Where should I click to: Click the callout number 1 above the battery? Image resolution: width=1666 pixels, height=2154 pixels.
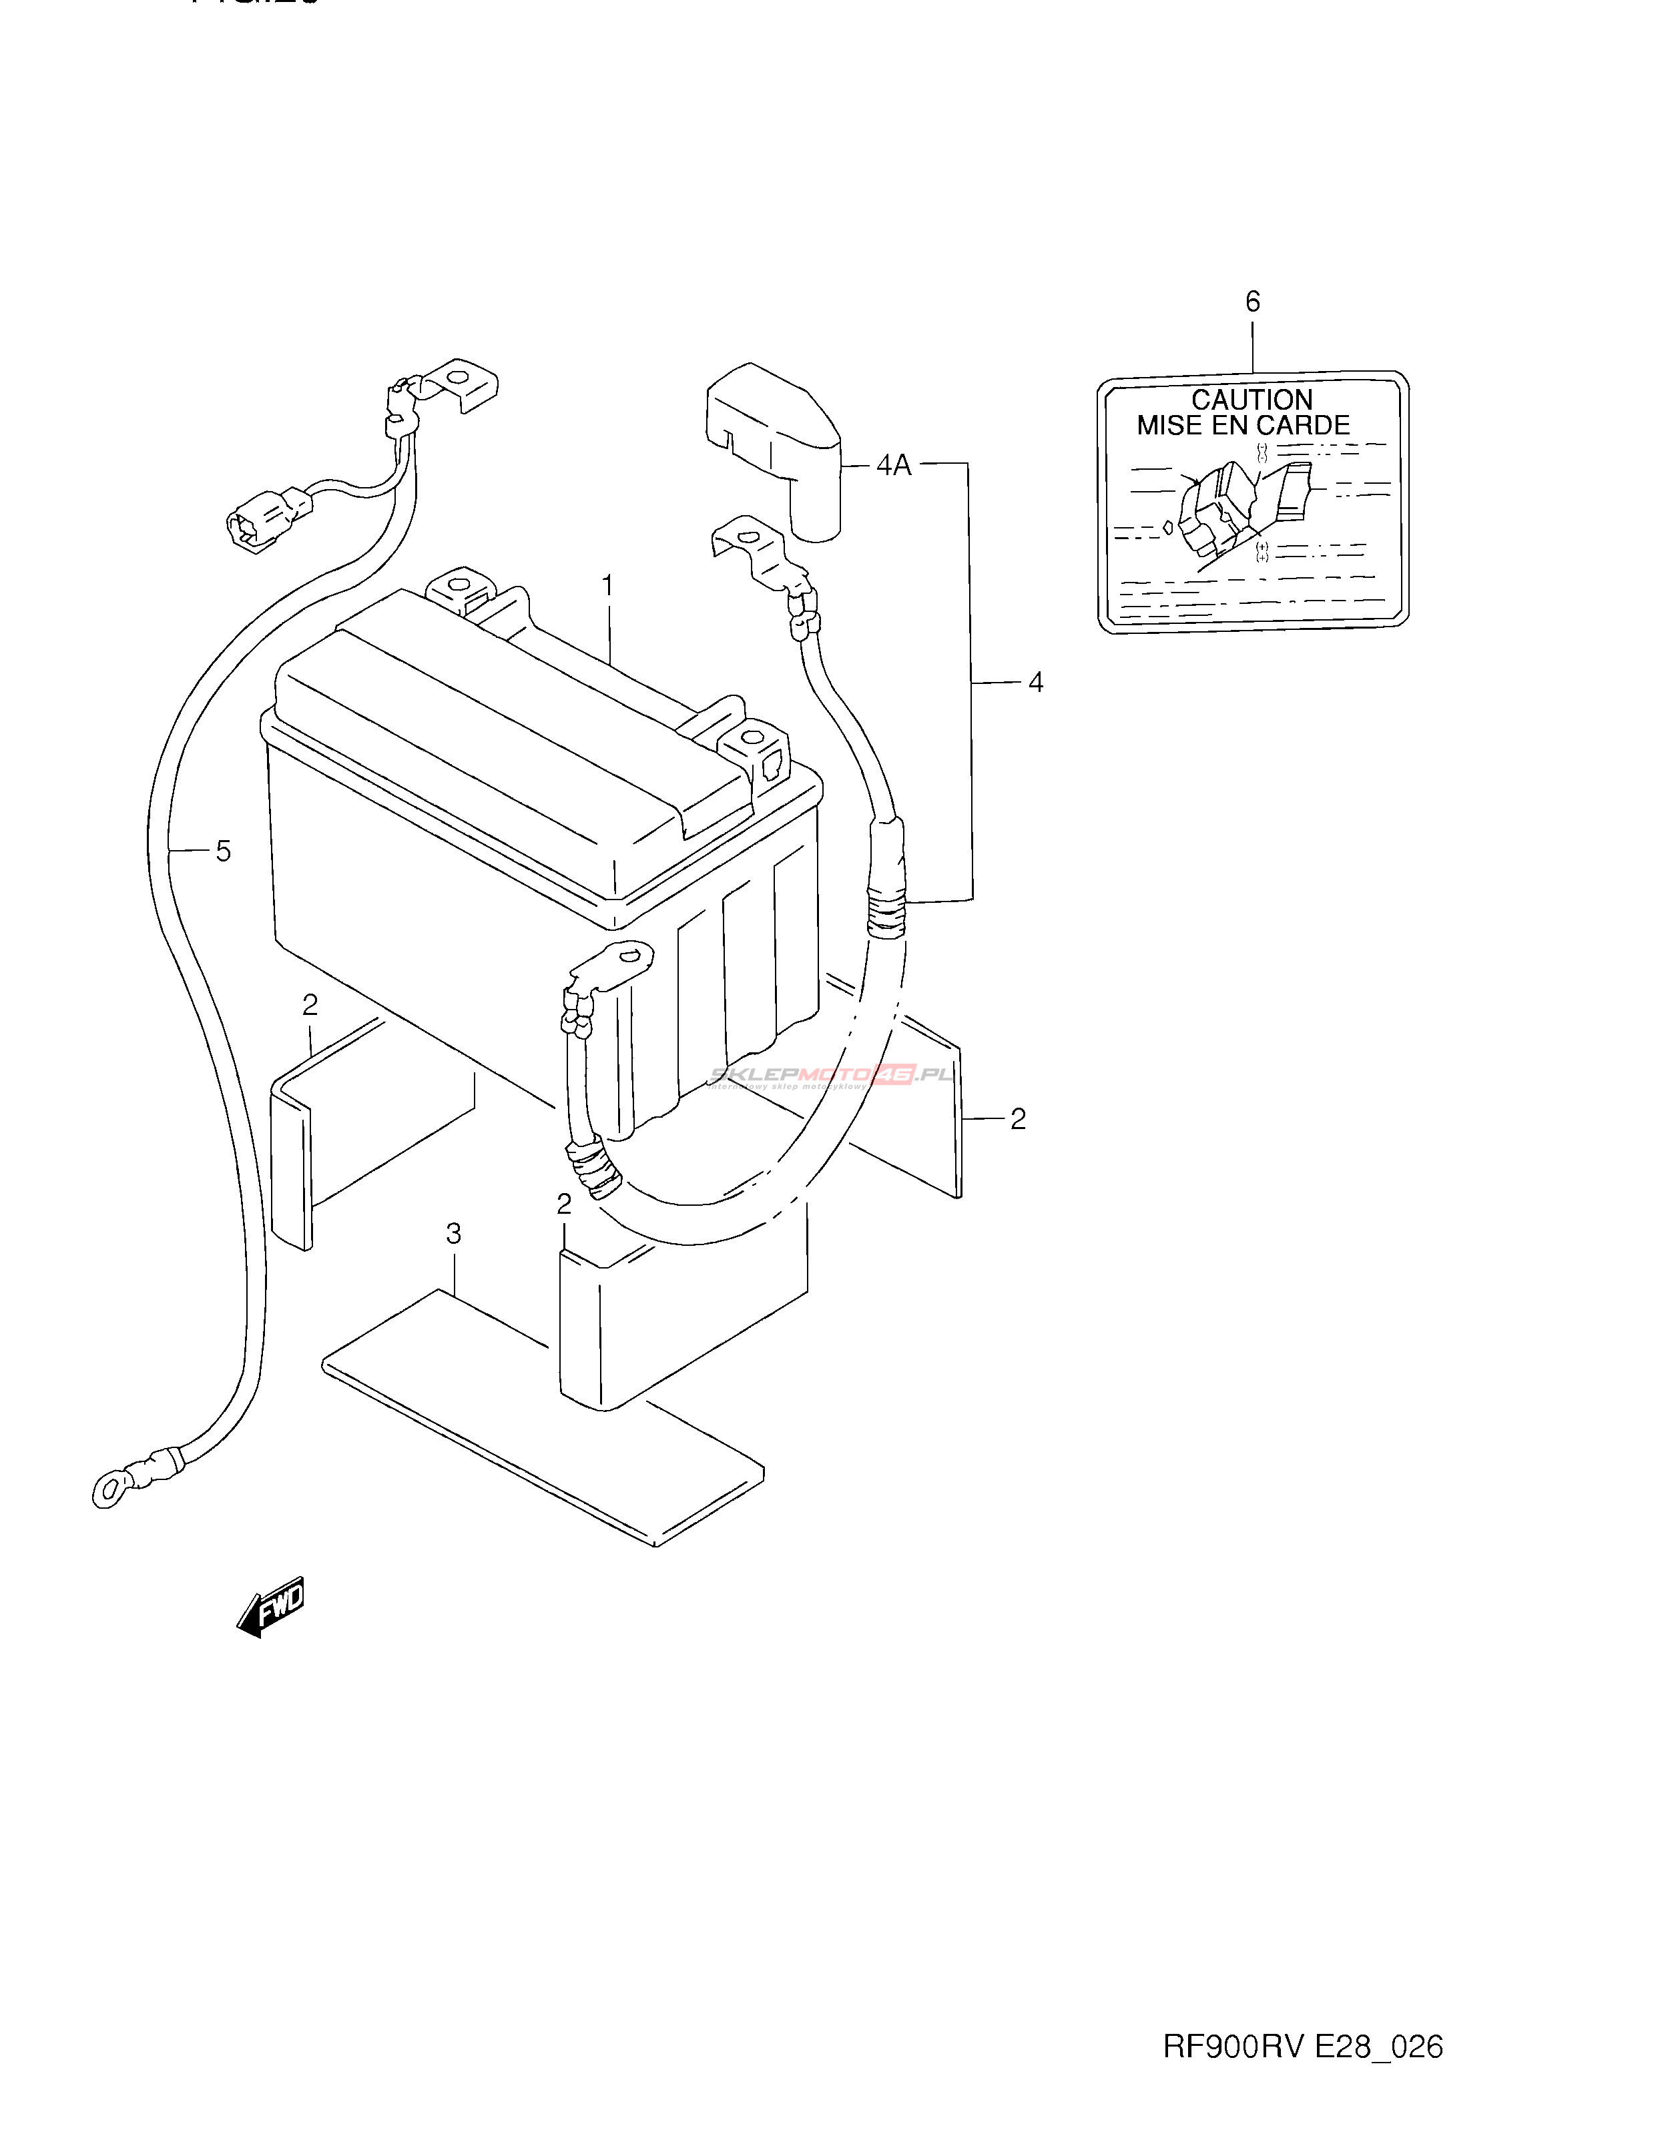click(607, 587)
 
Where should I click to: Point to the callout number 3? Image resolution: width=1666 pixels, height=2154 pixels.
click(453, 1233)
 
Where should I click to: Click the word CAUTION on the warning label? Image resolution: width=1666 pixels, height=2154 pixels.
click(1252, 400)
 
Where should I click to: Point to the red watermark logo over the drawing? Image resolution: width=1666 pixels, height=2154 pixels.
click(892, 1074)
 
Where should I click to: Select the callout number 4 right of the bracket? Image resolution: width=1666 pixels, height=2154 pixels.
click(1035, 681)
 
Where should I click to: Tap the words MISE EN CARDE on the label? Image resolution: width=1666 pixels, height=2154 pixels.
click(1243, 426)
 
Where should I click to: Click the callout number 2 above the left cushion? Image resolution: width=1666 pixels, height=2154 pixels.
click(310, 1005)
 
